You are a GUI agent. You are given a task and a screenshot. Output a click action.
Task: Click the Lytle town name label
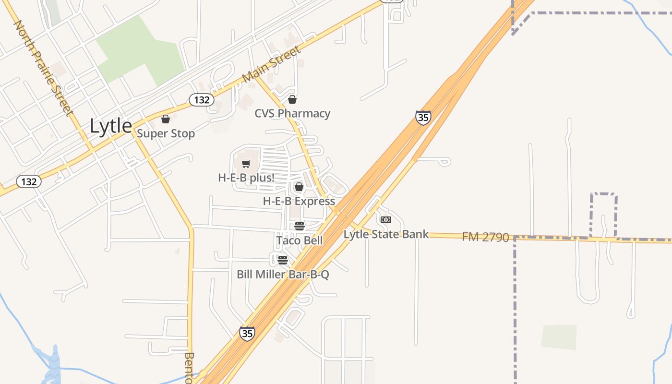[x=111, y=126]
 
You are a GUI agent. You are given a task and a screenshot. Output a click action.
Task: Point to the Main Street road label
[x=272, y=64]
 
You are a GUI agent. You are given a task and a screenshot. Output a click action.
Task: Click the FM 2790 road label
[x=485, y=237]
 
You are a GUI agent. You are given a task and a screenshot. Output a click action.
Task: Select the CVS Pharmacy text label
[x=292, y=114]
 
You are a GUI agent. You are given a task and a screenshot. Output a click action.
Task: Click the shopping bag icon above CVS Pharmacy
[x=292, y=99]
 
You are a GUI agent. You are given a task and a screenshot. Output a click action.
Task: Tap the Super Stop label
[x=166, y=133]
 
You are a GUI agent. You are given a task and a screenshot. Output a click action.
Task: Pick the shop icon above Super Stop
[x=166, y=119]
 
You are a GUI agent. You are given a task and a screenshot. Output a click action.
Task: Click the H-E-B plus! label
[x=246, y=178]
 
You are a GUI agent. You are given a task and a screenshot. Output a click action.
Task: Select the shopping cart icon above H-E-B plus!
[x=246, y=164]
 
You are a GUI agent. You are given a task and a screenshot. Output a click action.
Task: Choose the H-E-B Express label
[x=299, y=201]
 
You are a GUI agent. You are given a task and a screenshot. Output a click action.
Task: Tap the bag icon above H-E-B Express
[x=299, y=187]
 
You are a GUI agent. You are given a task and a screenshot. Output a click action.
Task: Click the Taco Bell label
[x=300, y=240]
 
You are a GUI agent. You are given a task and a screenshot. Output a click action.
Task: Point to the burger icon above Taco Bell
[x=300, y=226]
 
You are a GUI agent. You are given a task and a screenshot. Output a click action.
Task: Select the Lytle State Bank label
[x=386, y=235]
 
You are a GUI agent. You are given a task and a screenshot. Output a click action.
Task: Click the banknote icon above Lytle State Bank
[x=386, y=220]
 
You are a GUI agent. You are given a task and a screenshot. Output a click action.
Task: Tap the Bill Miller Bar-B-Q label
[x=283, y=275]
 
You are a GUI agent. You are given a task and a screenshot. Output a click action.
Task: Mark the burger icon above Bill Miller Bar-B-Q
[x=283, y=260]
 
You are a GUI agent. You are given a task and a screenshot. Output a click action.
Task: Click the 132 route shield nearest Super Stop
[x=201, y=100]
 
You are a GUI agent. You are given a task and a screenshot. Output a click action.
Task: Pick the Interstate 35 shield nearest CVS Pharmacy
[x=423, y=118]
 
